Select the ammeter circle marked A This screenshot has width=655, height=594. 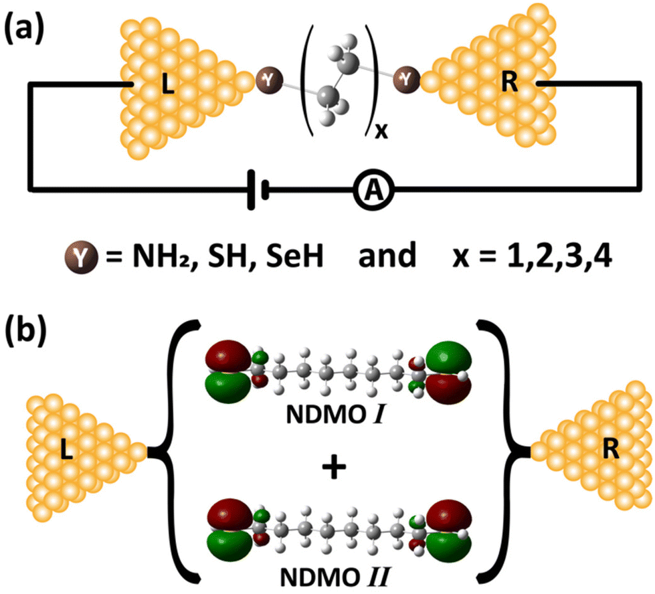tap(370, 192)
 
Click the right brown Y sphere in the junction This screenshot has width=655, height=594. tap(406, 79)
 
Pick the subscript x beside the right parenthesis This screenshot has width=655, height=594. tap(381, 132)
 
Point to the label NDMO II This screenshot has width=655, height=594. tap(329, 576)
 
